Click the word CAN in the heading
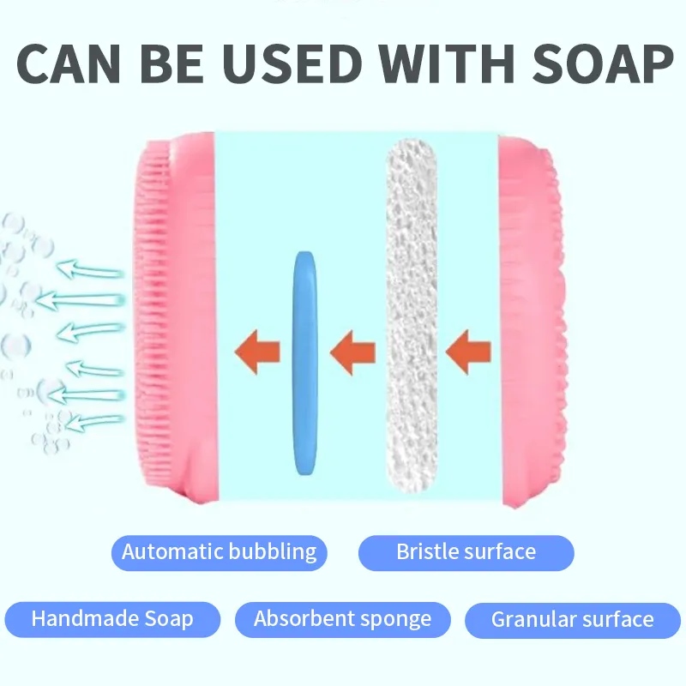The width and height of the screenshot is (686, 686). tap(69, 63)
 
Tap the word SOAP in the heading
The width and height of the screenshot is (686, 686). tap(603, 63)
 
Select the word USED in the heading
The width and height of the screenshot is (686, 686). tap(292, 63)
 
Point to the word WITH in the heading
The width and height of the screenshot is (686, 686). tap(446, 63)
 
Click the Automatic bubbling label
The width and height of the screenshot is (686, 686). tap(220, 552)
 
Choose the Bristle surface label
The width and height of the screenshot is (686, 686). tap(466, 552)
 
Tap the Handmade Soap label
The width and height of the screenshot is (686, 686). tap(112, 619)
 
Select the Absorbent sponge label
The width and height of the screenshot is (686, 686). tap(342, 619)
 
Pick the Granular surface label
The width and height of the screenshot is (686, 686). tap(573, 620)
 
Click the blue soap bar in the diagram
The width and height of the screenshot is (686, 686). tap(305, 363)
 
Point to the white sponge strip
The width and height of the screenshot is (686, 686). tap(412, 315)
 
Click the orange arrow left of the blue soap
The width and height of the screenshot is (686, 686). tap(257, 352)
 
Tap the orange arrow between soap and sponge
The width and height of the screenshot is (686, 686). tap(352, 352)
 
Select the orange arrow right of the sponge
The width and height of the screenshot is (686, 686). tap(468, 352)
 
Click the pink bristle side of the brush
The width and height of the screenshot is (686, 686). tap(175, 317)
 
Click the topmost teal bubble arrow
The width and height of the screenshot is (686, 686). tap(90, 269)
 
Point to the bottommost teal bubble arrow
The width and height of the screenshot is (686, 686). tap(94, 422)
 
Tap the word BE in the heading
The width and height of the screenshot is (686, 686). tap(171, 63)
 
